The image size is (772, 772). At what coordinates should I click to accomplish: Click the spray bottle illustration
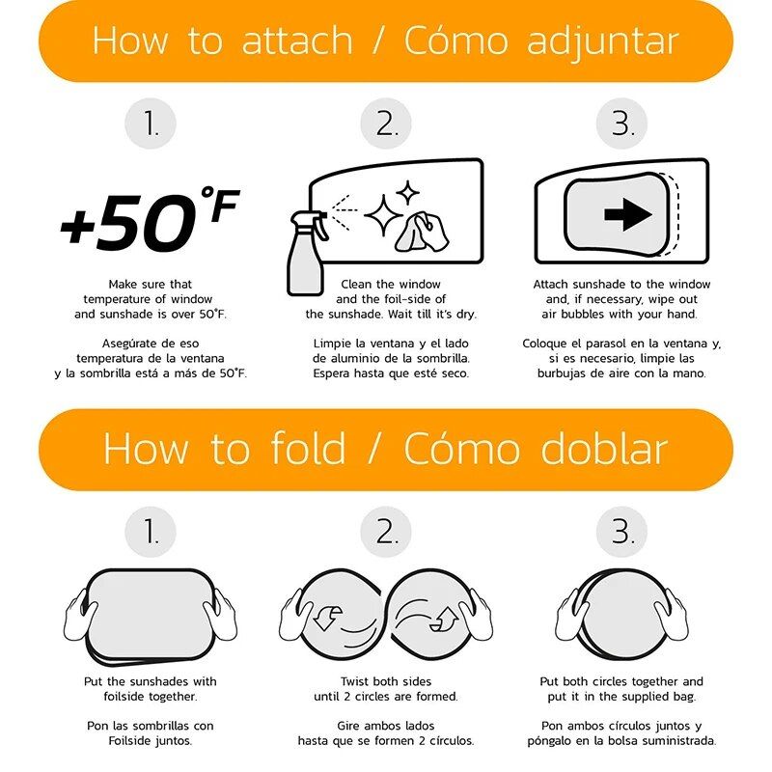[305, 254]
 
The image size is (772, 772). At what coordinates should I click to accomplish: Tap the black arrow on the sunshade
[628, 214]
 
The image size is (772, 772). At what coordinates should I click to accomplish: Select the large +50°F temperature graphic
[150, 219]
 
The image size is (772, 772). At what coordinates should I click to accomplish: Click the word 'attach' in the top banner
[297, 41]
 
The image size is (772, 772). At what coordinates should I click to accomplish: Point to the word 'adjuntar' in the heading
[602, 42]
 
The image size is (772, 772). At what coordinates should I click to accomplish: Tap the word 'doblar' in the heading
[604, 448]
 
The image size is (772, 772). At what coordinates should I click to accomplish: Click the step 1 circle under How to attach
[151, 124]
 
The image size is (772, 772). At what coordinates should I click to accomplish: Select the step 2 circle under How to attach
[386, 124]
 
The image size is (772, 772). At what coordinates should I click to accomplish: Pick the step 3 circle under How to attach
[621, 124]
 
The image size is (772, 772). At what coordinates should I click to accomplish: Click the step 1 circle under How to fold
[151, 532]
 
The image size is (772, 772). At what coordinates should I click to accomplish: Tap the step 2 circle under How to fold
[386, 532]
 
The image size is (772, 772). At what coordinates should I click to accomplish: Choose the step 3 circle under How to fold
[621, 532]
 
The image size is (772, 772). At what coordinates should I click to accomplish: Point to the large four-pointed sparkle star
[383, 215]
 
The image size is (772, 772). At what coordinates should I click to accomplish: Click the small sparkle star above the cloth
[407, 192]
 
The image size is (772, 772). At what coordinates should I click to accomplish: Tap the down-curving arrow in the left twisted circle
[326, 618]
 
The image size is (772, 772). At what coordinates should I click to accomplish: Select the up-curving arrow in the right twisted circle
[445, 619]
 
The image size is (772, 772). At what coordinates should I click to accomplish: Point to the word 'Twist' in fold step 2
[355, 681]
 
